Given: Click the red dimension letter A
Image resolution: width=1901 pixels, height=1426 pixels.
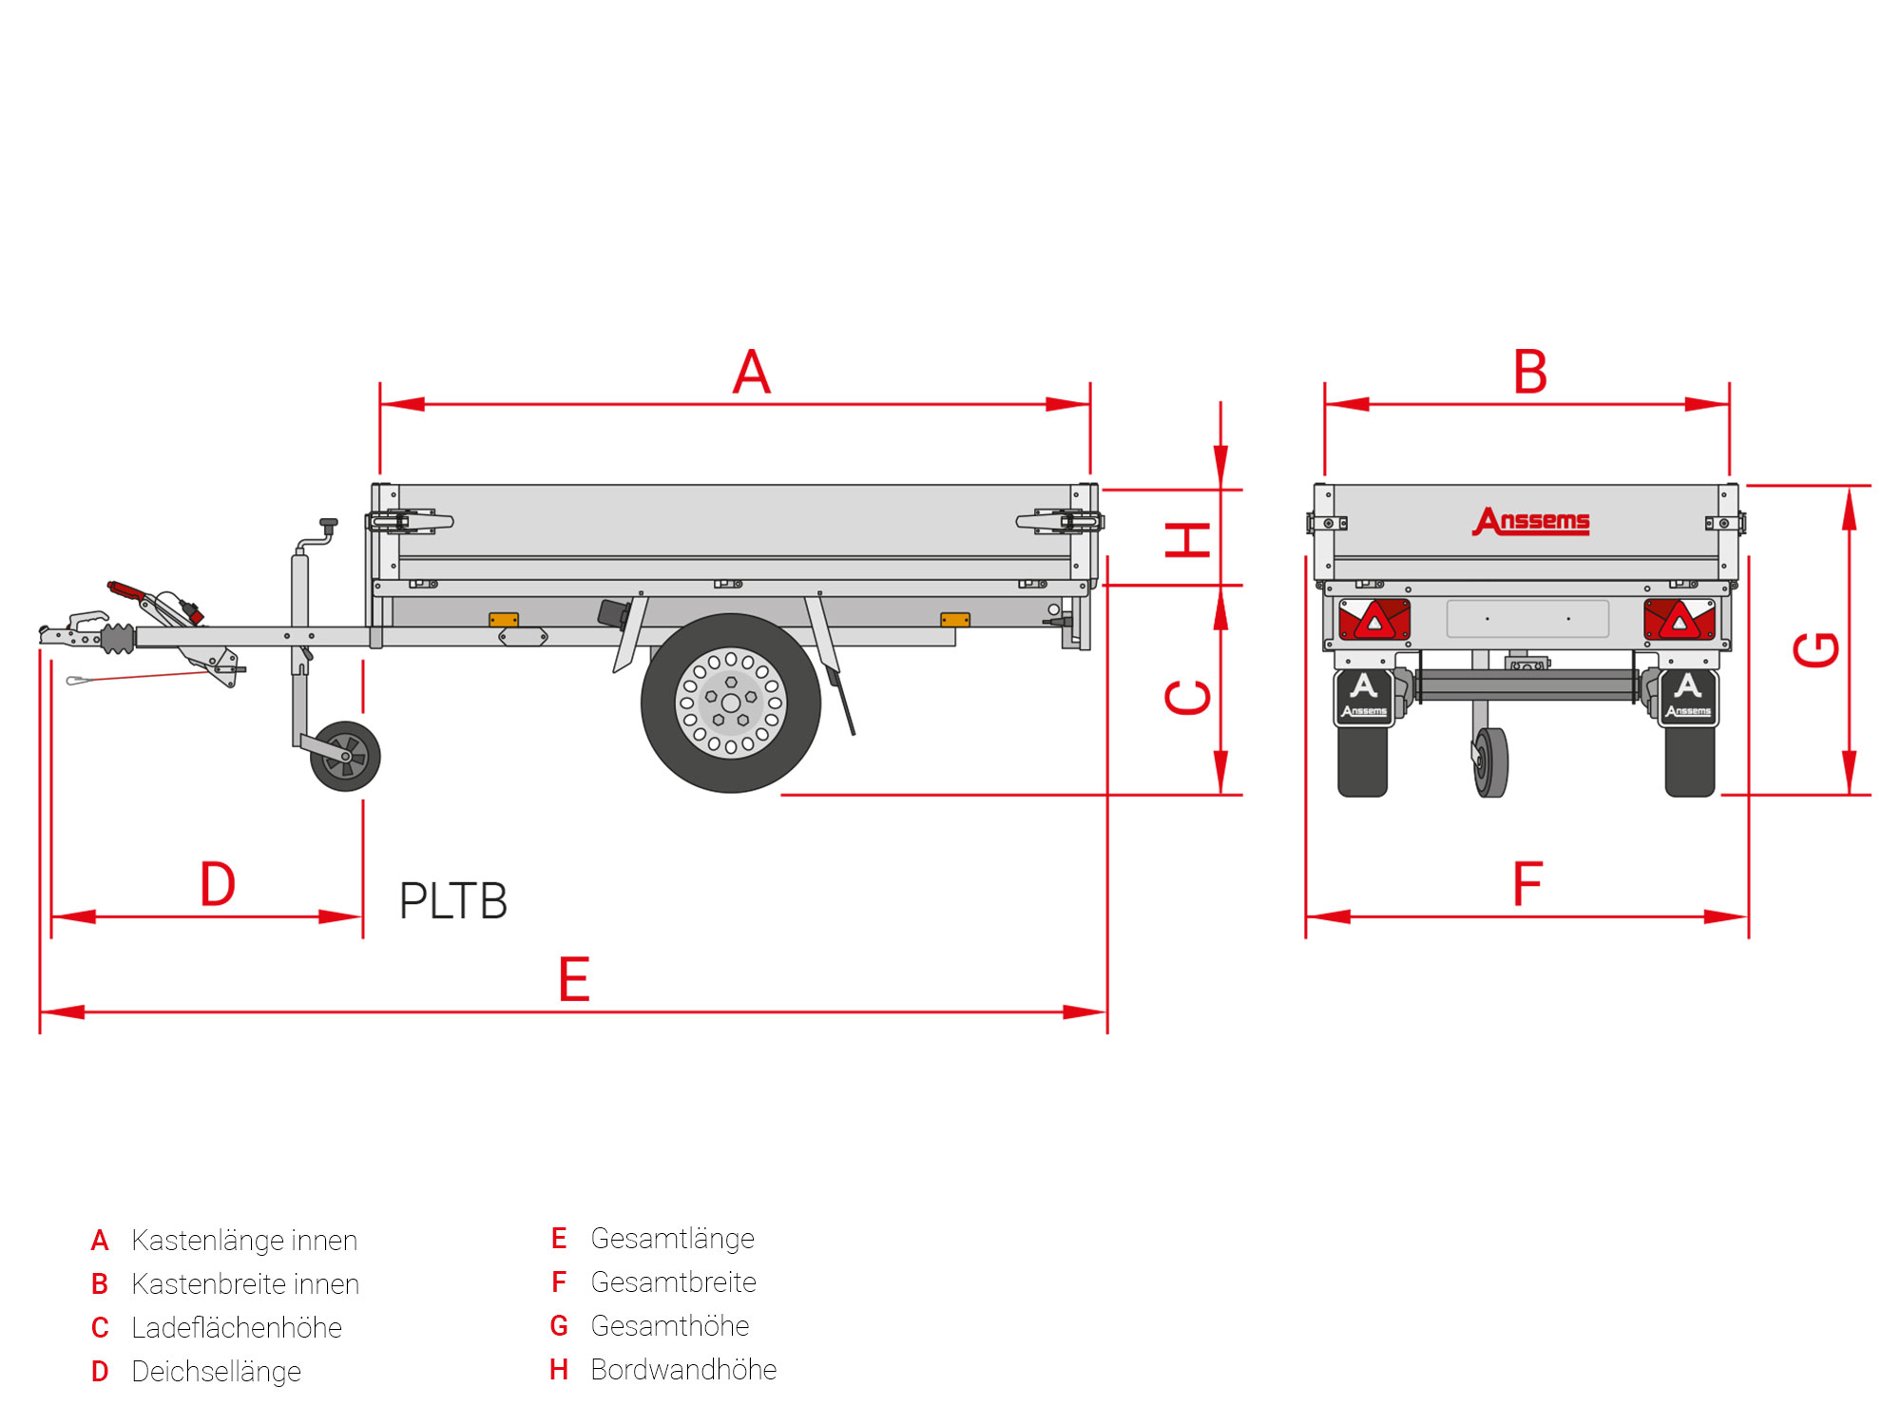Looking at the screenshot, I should [752, 372].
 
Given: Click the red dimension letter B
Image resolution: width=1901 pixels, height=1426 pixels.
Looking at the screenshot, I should [1530, 372].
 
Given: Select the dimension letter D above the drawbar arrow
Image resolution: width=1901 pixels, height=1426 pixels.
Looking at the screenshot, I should [218, 884].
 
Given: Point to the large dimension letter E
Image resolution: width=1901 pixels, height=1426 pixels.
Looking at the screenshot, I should [574, 980].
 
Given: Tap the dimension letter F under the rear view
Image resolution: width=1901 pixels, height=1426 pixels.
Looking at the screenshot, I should [1527, 884].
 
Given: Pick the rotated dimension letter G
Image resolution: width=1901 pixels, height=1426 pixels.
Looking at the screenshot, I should [1816, 650].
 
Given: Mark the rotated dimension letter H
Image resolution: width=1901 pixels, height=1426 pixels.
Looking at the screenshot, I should [1188, 539].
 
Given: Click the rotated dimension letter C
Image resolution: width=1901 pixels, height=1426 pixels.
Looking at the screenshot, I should [1188, 697].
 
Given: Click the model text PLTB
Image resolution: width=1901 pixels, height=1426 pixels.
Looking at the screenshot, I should [453, 901].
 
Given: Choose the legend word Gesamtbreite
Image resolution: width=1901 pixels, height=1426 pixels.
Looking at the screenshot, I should [673, 1282].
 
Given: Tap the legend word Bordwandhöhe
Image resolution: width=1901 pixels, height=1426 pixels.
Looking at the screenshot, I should [683, 1370].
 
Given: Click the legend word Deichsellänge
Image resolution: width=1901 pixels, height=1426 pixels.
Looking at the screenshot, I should [216, 1372].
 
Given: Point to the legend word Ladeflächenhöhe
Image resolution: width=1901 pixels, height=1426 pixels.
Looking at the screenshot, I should [237, 1328].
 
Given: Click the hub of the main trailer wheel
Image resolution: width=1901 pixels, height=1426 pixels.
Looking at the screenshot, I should [731, 703].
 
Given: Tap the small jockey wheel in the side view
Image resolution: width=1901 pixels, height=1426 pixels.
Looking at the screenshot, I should [345, 756].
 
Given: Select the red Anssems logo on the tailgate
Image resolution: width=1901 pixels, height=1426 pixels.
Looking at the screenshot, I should [1531, 521].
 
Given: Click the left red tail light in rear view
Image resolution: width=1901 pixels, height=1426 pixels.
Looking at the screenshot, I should [1374, 620].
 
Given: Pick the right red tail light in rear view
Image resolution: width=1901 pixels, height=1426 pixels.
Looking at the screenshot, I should [1680, 620].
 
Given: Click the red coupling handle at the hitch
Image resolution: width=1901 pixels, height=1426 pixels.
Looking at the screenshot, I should [126, 590].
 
